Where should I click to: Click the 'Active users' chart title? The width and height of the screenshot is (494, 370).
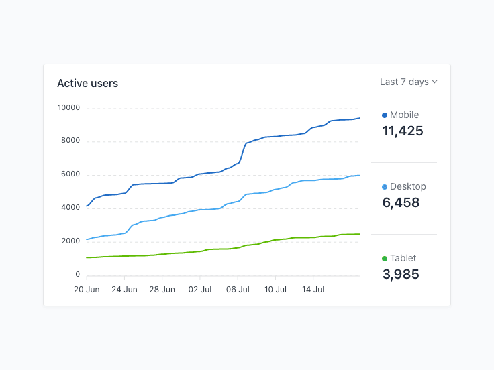87,84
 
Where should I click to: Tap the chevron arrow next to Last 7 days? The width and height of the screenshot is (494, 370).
435,82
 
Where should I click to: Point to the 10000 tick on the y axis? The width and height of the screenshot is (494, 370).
68,107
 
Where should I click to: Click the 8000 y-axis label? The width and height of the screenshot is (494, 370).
70,141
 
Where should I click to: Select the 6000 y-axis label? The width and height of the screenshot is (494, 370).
70,174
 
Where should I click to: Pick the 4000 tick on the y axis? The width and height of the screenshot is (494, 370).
70,208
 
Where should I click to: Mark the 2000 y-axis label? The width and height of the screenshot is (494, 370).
70,241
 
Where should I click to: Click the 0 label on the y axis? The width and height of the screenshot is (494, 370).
77,275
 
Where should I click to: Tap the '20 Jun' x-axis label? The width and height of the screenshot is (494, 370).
87,290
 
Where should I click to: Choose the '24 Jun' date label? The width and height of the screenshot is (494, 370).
124,290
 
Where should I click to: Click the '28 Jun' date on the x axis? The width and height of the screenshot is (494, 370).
162,290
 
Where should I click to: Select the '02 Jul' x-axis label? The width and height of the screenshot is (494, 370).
200,290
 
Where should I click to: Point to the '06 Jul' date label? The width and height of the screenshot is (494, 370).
238,290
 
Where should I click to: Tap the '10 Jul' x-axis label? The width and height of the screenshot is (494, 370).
275,290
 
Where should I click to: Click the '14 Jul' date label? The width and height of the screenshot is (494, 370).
313,290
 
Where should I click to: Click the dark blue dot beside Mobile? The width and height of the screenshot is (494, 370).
385,115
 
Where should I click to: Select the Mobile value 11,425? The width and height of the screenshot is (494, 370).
403,131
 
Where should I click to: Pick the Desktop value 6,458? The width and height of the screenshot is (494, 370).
401,203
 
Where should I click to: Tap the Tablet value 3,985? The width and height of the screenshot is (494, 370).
401,274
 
